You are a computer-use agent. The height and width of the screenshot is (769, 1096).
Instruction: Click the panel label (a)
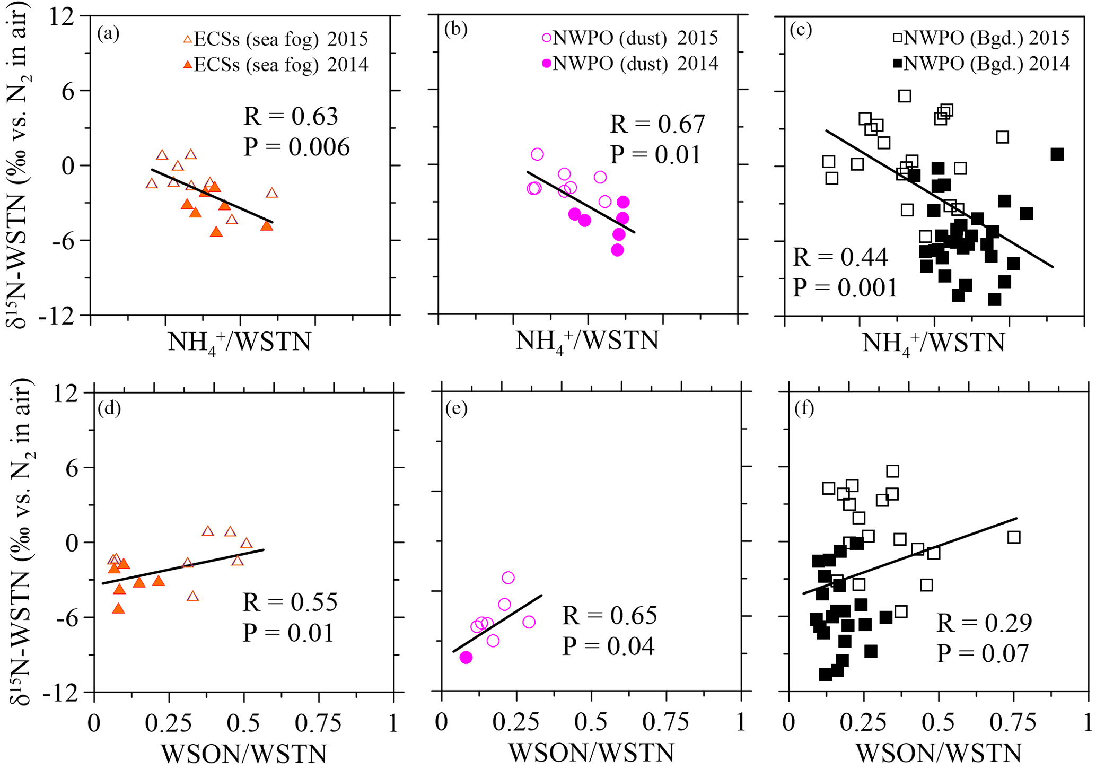pos(108,33)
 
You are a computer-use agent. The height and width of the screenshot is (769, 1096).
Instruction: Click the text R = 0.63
pos(291,116)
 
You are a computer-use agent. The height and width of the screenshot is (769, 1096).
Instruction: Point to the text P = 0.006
pos(296,147)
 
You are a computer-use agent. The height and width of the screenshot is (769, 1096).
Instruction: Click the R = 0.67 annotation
pos(657,124)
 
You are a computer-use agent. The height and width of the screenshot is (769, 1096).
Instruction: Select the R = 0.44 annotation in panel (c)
pos(840,257)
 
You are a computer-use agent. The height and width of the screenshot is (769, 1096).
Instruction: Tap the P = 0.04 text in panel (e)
pos(609,646)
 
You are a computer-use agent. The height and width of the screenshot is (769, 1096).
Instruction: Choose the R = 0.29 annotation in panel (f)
pos(984,623)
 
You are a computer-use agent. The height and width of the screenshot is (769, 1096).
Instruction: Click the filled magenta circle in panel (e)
pos(466,658)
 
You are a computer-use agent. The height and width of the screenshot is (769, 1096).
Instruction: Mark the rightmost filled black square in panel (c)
pos(1057,154)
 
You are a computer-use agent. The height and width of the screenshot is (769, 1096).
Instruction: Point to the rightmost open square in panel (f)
pos(1013,537)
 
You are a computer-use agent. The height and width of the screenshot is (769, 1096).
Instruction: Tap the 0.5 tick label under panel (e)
pos(591,723)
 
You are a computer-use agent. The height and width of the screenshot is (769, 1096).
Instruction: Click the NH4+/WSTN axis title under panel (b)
pos(587,341)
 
